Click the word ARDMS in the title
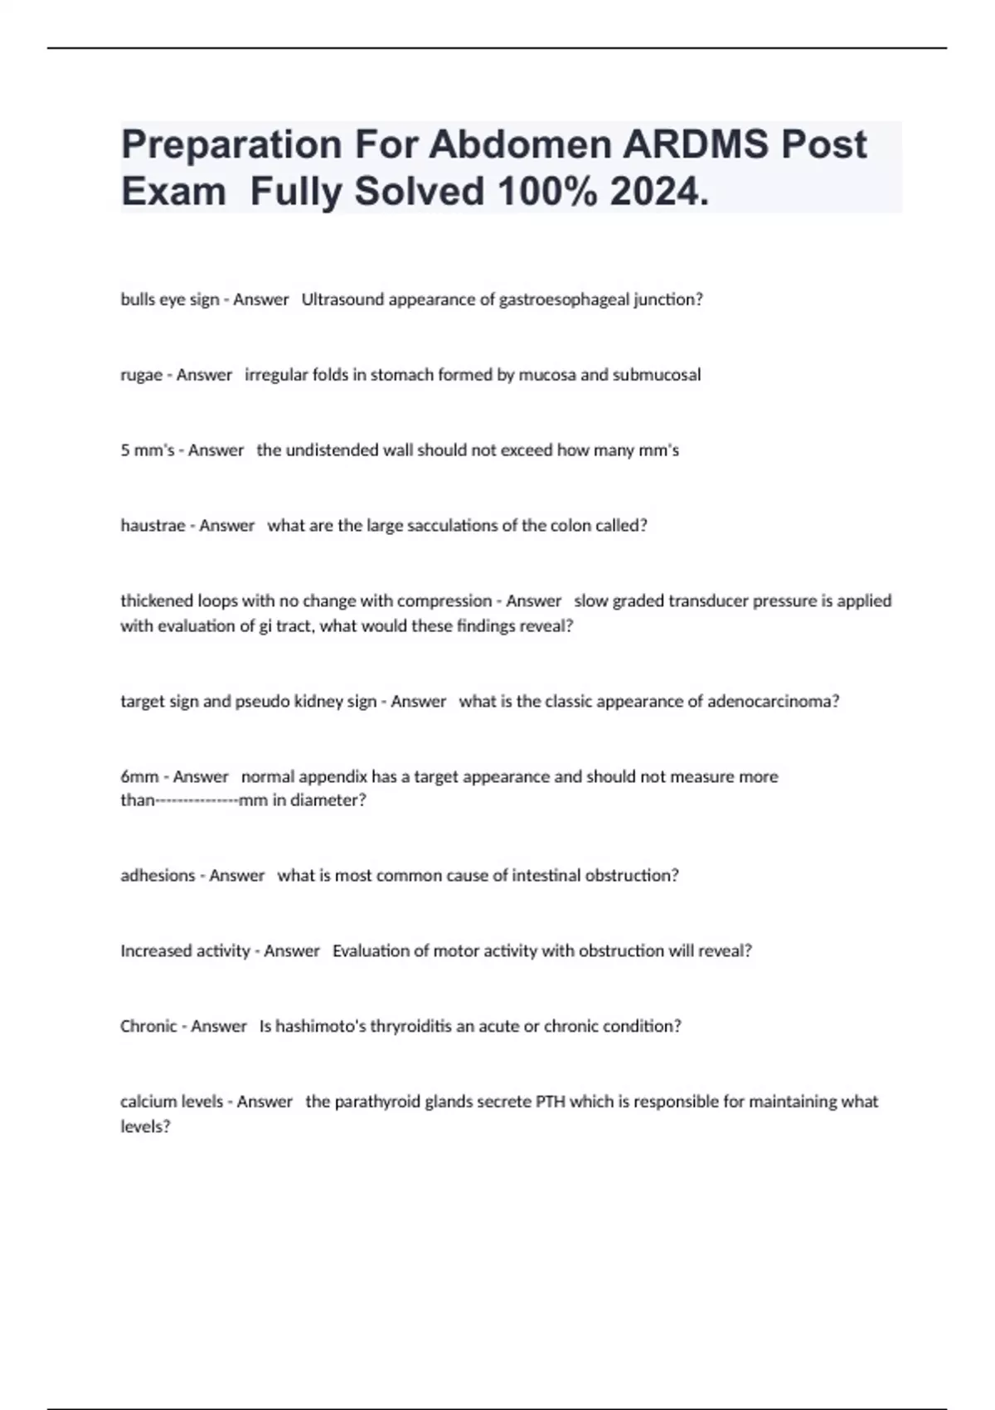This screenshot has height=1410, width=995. coord(695,144)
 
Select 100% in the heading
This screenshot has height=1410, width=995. coord(546,192)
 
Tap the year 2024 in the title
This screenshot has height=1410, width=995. coord(658,192)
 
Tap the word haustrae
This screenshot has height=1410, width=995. coord(153,526)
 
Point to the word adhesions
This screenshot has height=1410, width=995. coord(158,876)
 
